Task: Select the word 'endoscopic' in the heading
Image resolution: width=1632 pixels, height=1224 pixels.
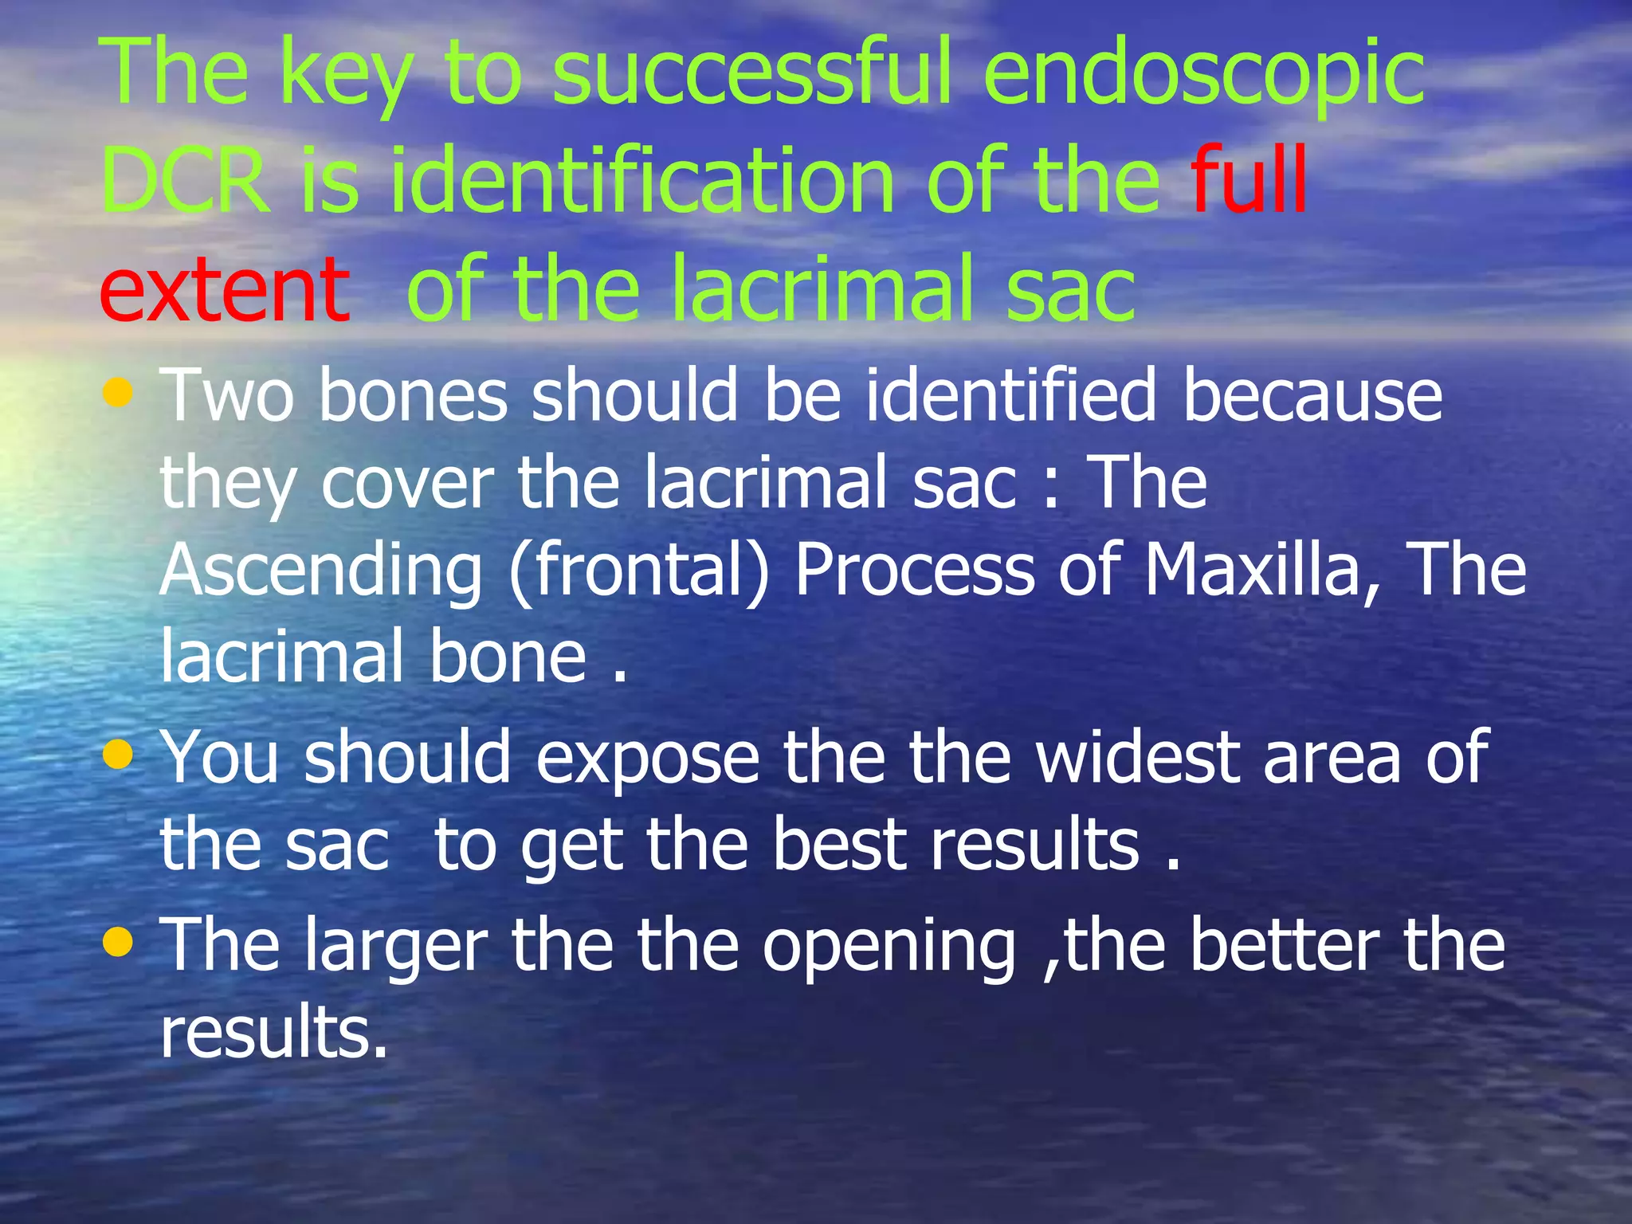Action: pos(1204,73)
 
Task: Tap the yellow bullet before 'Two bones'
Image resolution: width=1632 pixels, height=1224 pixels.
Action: pos(118,392)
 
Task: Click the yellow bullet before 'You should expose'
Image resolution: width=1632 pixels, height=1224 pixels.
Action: pos(118,754)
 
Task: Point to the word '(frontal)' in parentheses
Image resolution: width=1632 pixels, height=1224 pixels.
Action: pos(639,571)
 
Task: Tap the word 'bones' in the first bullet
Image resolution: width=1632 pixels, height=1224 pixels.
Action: pos(413,395)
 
